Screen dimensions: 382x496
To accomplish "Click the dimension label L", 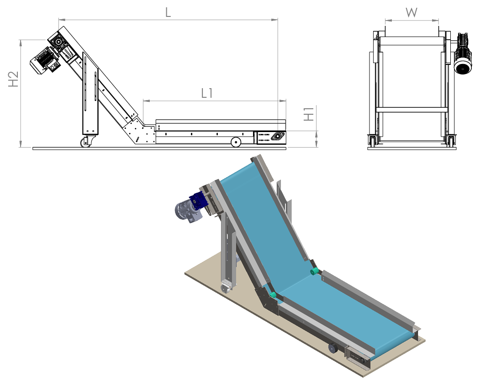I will [168, 12].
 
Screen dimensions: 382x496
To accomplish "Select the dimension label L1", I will [207, 93].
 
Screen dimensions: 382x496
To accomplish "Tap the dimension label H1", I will [309, 113].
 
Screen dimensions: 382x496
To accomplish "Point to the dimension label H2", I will [13, 79].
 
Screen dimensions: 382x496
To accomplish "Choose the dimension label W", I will [412, 13].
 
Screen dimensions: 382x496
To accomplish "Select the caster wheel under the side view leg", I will [85, 143].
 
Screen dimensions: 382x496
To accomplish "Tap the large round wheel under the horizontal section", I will [236, 142].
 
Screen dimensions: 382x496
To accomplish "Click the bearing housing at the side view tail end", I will [276, 137].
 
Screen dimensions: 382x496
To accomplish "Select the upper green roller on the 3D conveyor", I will [315, 272].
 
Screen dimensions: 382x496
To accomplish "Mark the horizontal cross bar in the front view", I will [411, 109].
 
